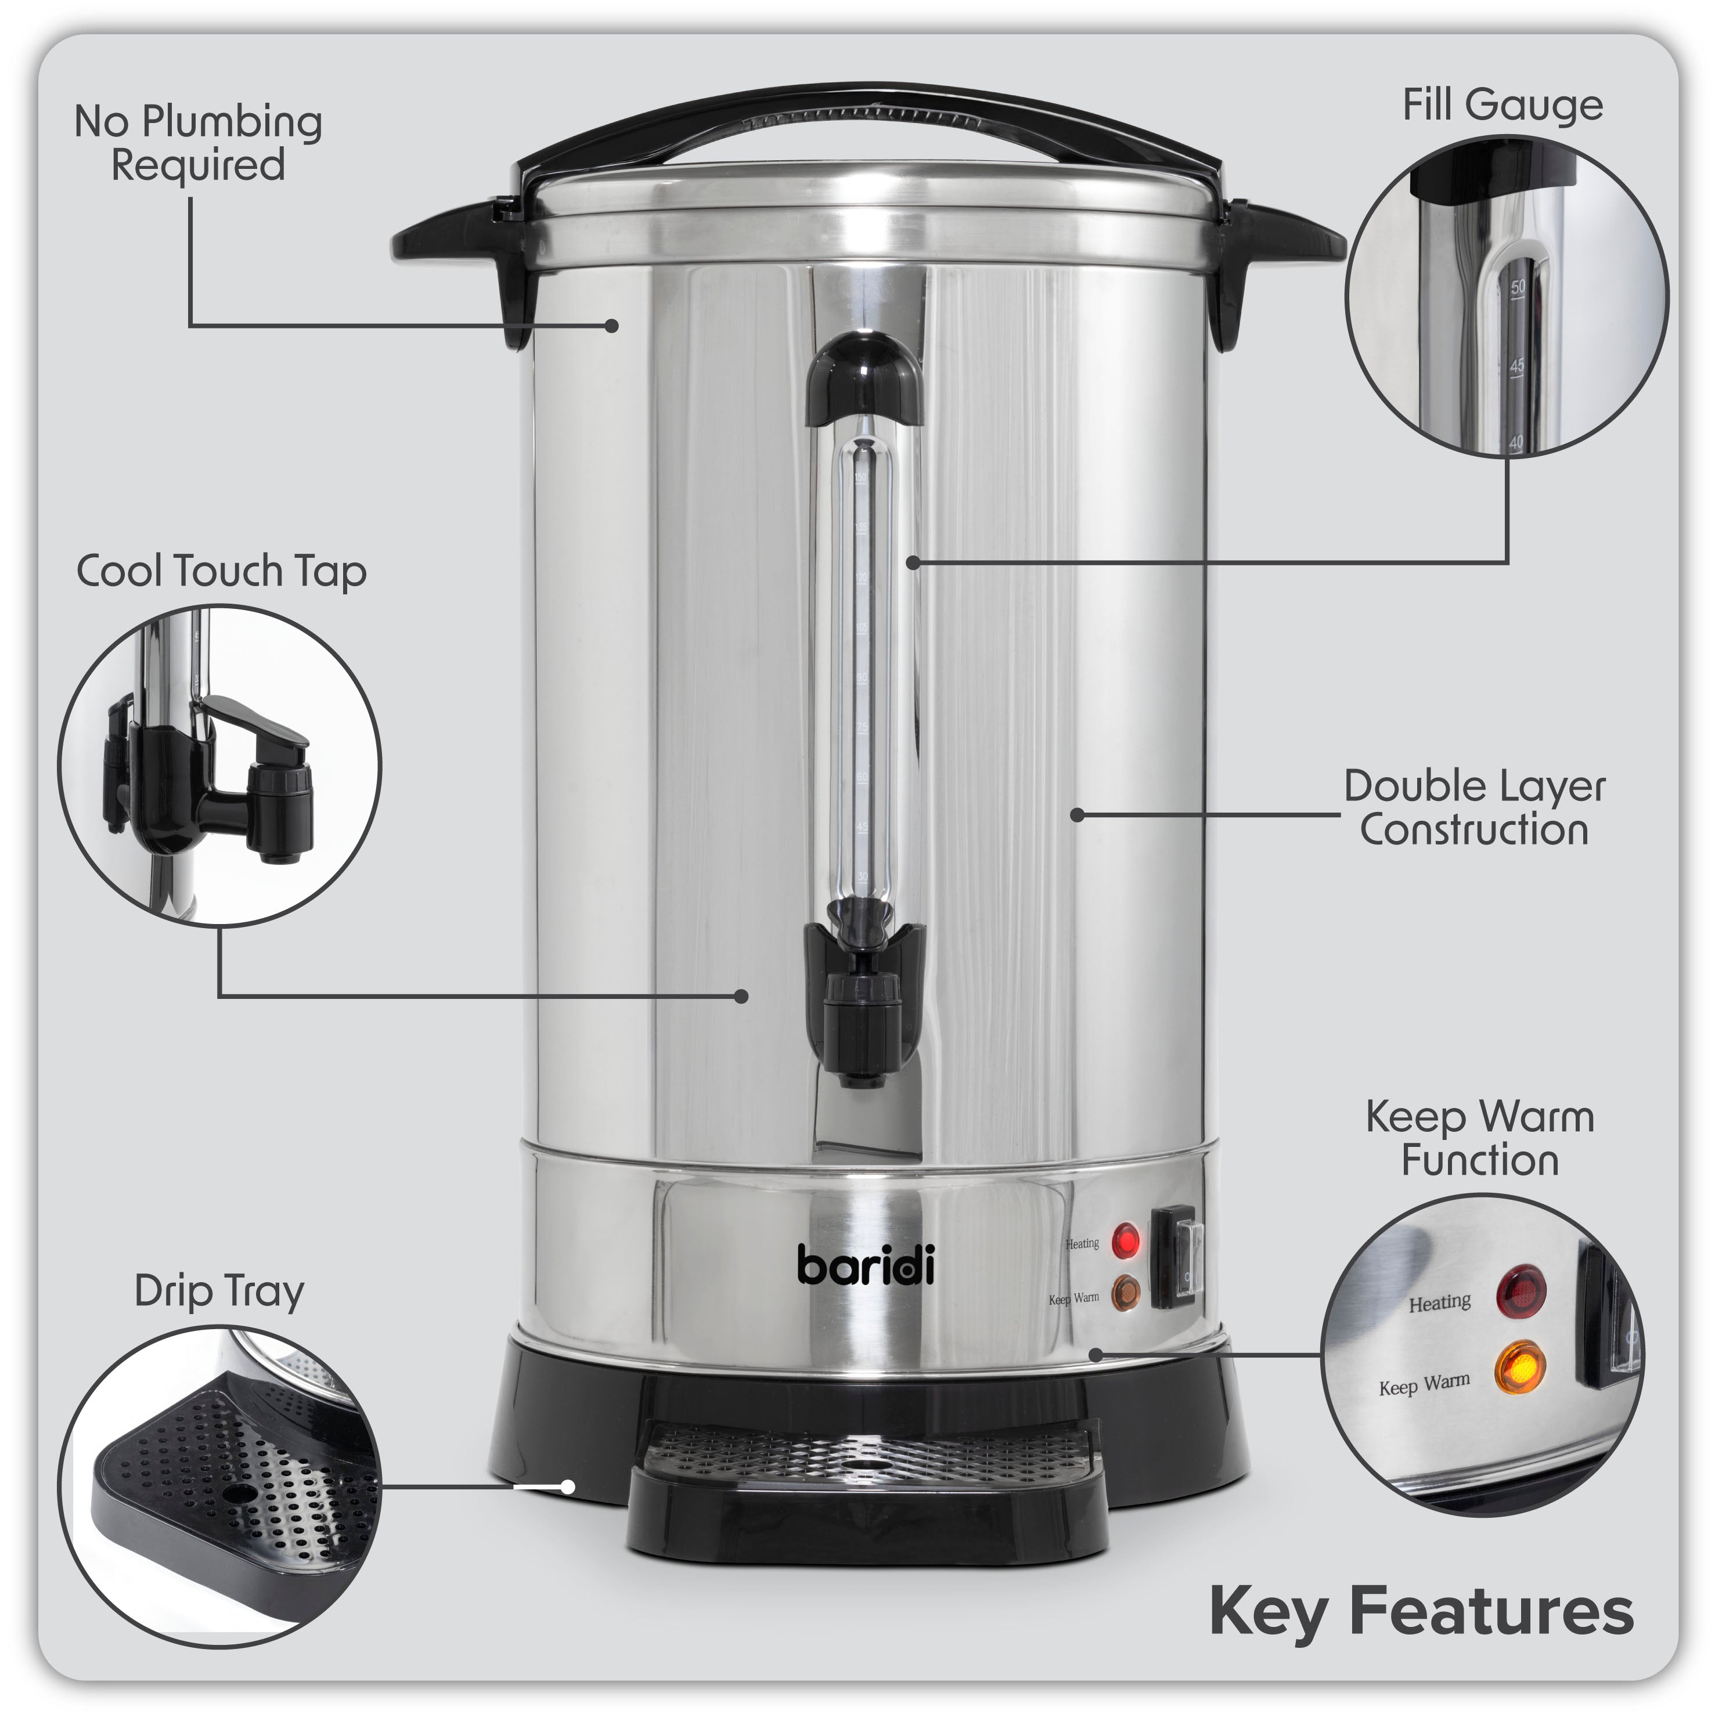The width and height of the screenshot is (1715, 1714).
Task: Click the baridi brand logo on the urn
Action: (x=866, y=1264)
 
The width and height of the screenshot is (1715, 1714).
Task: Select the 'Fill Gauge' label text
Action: (x=1502, y=104)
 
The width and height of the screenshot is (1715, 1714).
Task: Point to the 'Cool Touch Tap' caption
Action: (x=221, y=571)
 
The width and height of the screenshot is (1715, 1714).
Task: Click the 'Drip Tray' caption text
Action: (x=219, y=1291)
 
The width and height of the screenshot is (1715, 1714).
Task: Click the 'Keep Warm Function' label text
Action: (x=1480, y=1139)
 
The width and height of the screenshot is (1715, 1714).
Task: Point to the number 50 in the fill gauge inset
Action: (x=1517, y=287)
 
